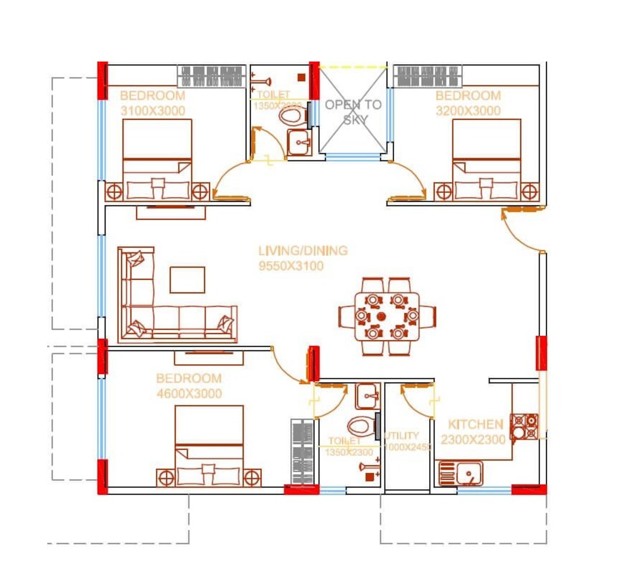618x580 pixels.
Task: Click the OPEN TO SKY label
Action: [x=353, y=112]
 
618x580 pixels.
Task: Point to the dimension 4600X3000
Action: [x=189, y=394]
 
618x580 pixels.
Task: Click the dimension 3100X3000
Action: [x=153, y=111]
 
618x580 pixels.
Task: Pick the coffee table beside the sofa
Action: [x=187, y=280]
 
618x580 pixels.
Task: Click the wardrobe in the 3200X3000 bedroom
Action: [x=428, y=76]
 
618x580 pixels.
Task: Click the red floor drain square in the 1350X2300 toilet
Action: [x=369, y=477]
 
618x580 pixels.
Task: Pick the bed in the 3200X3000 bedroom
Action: [x=487, y=160]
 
